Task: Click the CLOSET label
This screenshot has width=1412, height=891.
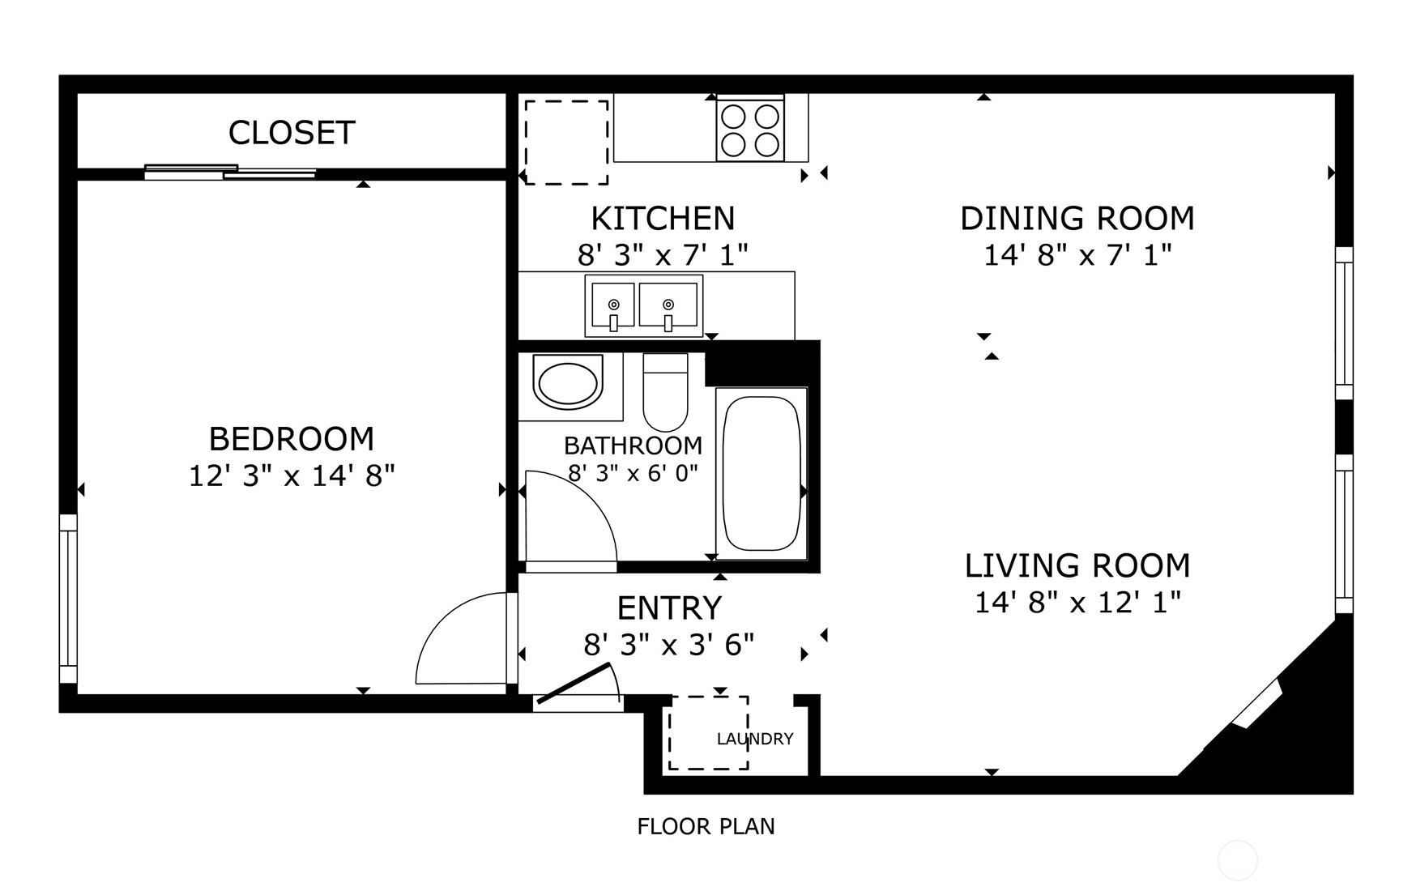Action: pos(292,133)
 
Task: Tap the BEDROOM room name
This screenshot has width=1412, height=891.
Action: pos(292,439)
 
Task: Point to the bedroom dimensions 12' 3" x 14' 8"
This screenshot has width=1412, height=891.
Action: pos(292,475)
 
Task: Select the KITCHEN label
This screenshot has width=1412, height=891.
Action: pos(663,219)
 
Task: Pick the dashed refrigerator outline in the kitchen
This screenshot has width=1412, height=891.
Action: pos(566,142)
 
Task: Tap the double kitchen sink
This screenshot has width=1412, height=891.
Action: pos(644,306)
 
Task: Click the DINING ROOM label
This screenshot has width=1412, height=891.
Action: pos(1077,219)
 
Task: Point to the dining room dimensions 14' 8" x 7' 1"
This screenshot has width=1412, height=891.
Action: pos(1077,255)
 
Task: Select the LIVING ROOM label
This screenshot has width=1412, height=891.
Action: pos(1077,565)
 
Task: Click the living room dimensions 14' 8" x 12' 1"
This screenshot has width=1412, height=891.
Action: pos(1077,602)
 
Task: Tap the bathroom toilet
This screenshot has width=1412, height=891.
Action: pos(665,392)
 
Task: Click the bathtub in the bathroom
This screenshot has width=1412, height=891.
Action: pos(761,473)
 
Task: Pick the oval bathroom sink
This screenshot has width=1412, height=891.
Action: pos(568,385)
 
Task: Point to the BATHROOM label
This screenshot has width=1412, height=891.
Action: pos(633,446)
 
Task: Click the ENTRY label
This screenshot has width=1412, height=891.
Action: pos(669,607)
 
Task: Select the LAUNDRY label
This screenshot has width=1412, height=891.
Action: pos(755,739)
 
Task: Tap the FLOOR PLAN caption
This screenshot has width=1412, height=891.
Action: pos(706,826)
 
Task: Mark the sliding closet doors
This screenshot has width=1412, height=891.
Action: pos(230,172)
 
